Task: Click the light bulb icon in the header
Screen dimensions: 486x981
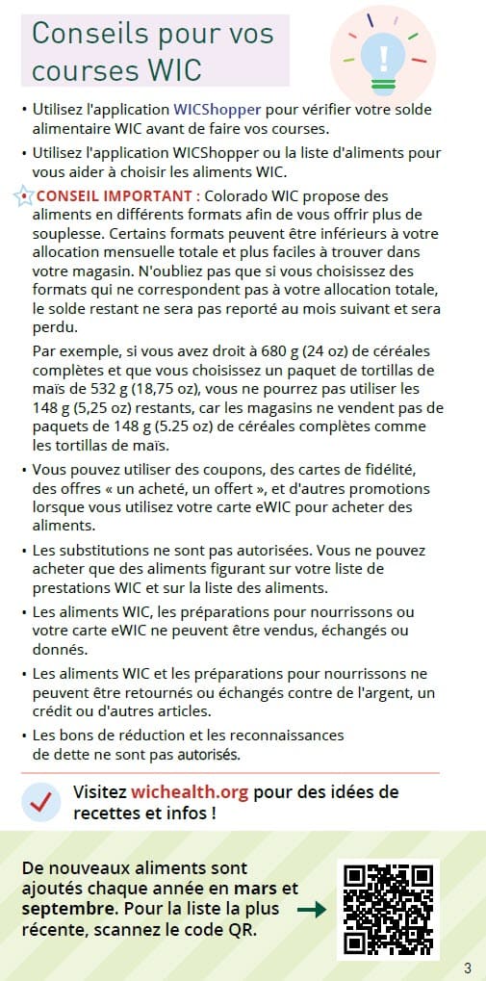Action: click(383, 55)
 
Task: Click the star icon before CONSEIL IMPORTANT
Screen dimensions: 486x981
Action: click(22, 195)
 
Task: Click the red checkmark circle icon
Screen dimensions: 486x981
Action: click(39, 801)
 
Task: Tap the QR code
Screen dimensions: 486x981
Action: click(386, 909)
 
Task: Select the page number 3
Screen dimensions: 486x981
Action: click(468, 967)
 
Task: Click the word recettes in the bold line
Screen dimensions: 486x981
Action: click(108, 813)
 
